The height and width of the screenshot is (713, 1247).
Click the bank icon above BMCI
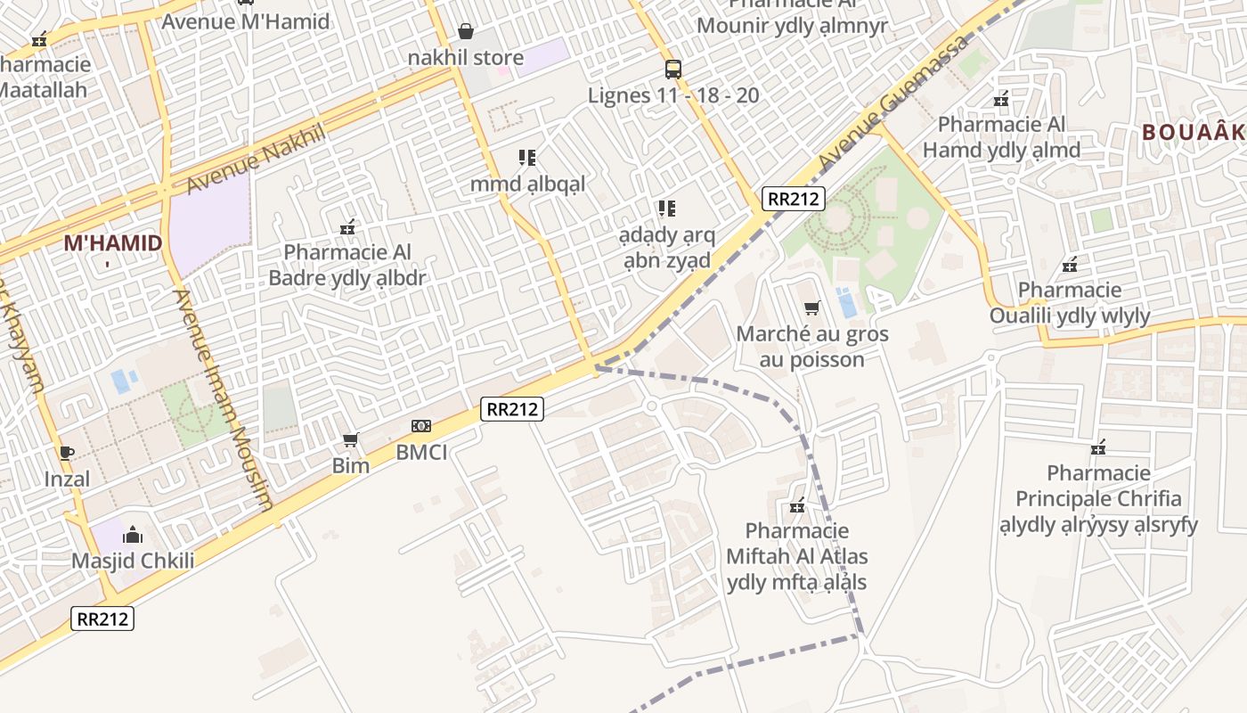click(420, 426)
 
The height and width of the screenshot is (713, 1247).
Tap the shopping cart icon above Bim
click(351, 439)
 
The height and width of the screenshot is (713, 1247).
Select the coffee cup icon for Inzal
click(67, 453)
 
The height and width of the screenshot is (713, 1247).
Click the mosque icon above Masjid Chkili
click(133, 535)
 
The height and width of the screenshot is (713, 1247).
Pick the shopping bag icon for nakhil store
click(465, 32)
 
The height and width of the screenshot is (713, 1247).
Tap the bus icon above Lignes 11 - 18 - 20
click(673, 69)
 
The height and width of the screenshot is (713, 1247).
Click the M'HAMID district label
click(112, 243)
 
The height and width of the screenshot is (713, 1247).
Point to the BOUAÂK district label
click(1194, 133)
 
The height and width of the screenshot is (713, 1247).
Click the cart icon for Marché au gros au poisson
click(811, 308)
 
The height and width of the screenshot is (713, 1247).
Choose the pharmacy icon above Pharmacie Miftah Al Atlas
click(797, 505)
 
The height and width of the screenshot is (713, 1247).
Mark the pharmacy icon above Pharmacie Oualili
click(1070, 265)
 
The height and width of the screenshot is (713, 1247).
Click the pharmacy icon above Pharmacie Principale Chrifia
click(1098, 447)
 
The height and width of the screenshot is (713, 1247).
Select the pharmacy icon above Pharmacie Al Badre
click(347, 227)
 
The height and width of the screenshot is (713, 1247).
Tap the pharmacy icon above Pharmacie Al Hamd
click(1001, 98)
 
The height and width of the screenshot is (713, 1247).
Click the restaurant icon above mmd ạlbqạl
click(527, 158)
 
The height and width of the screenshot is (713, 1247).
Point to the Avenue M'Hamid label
click(245, 21)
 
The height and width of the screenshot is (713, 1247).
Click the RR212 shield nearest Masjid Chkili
click(103, 619)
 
